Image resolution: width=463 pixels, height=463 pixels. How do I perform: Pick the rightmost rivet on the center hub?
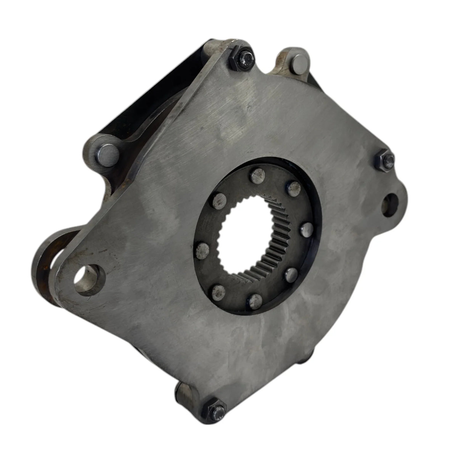pos(305,229)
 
